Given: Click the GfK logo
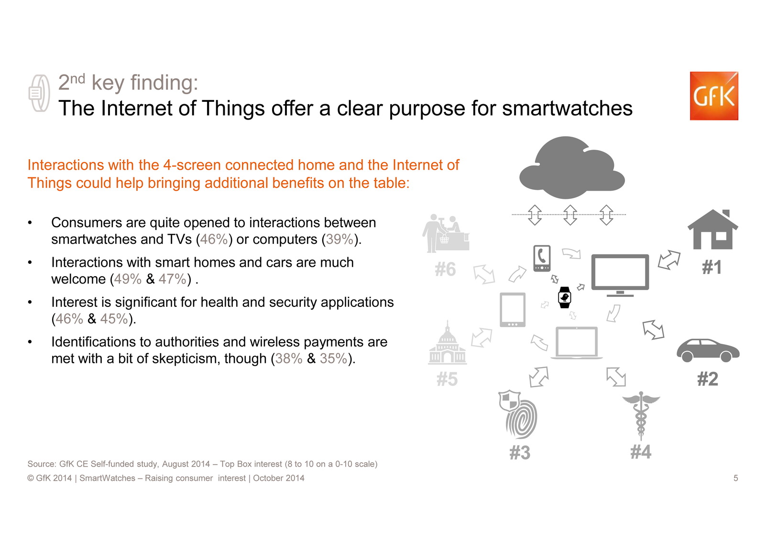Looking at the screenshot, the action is click(714, 96).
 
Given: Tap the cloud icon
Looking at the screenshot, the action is click(572, 167).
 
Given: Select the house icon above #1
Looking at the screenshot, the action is click(713, 229).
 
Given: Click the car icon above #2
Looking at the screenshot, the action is click(708, 350).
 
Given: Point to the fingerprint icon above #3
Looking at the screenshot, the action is click(518, 414).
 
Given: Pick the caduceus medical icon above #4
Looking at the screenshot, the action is click(641, 415).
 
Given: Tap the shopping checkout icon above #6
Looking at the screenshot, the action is click(446, 233).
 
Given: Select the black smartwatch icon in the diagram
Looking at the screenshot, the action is click(564, 297).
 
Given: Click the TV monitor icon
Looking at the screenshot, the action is click(620, 275).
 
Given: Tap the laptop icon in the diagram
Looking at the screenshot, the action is click(577, 343).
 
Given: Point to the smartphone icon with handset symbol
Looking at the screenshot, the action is click(542, 258).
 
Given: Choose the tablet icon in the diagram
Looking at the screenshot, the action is click(513, 310).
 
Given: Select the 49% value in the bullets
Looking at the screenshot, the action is click(127, 279).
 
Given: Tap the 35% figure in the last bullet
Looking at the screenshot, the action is click(333, 358).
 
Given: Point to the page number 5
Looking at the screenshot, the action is click(736, 478).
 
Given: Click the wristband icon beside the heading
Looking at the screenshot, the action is click(39, 93).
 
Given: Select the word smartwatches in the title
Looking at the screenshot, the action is click(567, 109).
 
